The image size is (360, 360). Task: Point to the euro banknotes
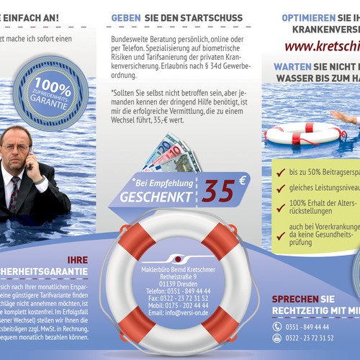[170, 154]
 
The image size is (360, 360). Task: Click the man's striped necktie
[14, 194]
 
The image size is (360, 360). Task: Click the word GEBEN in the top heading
[125, 17]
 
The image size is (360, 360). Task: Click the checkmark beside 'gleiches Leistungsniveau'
[280, 189]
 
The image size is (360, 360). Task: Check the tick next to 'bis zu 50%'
[280, 172]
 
